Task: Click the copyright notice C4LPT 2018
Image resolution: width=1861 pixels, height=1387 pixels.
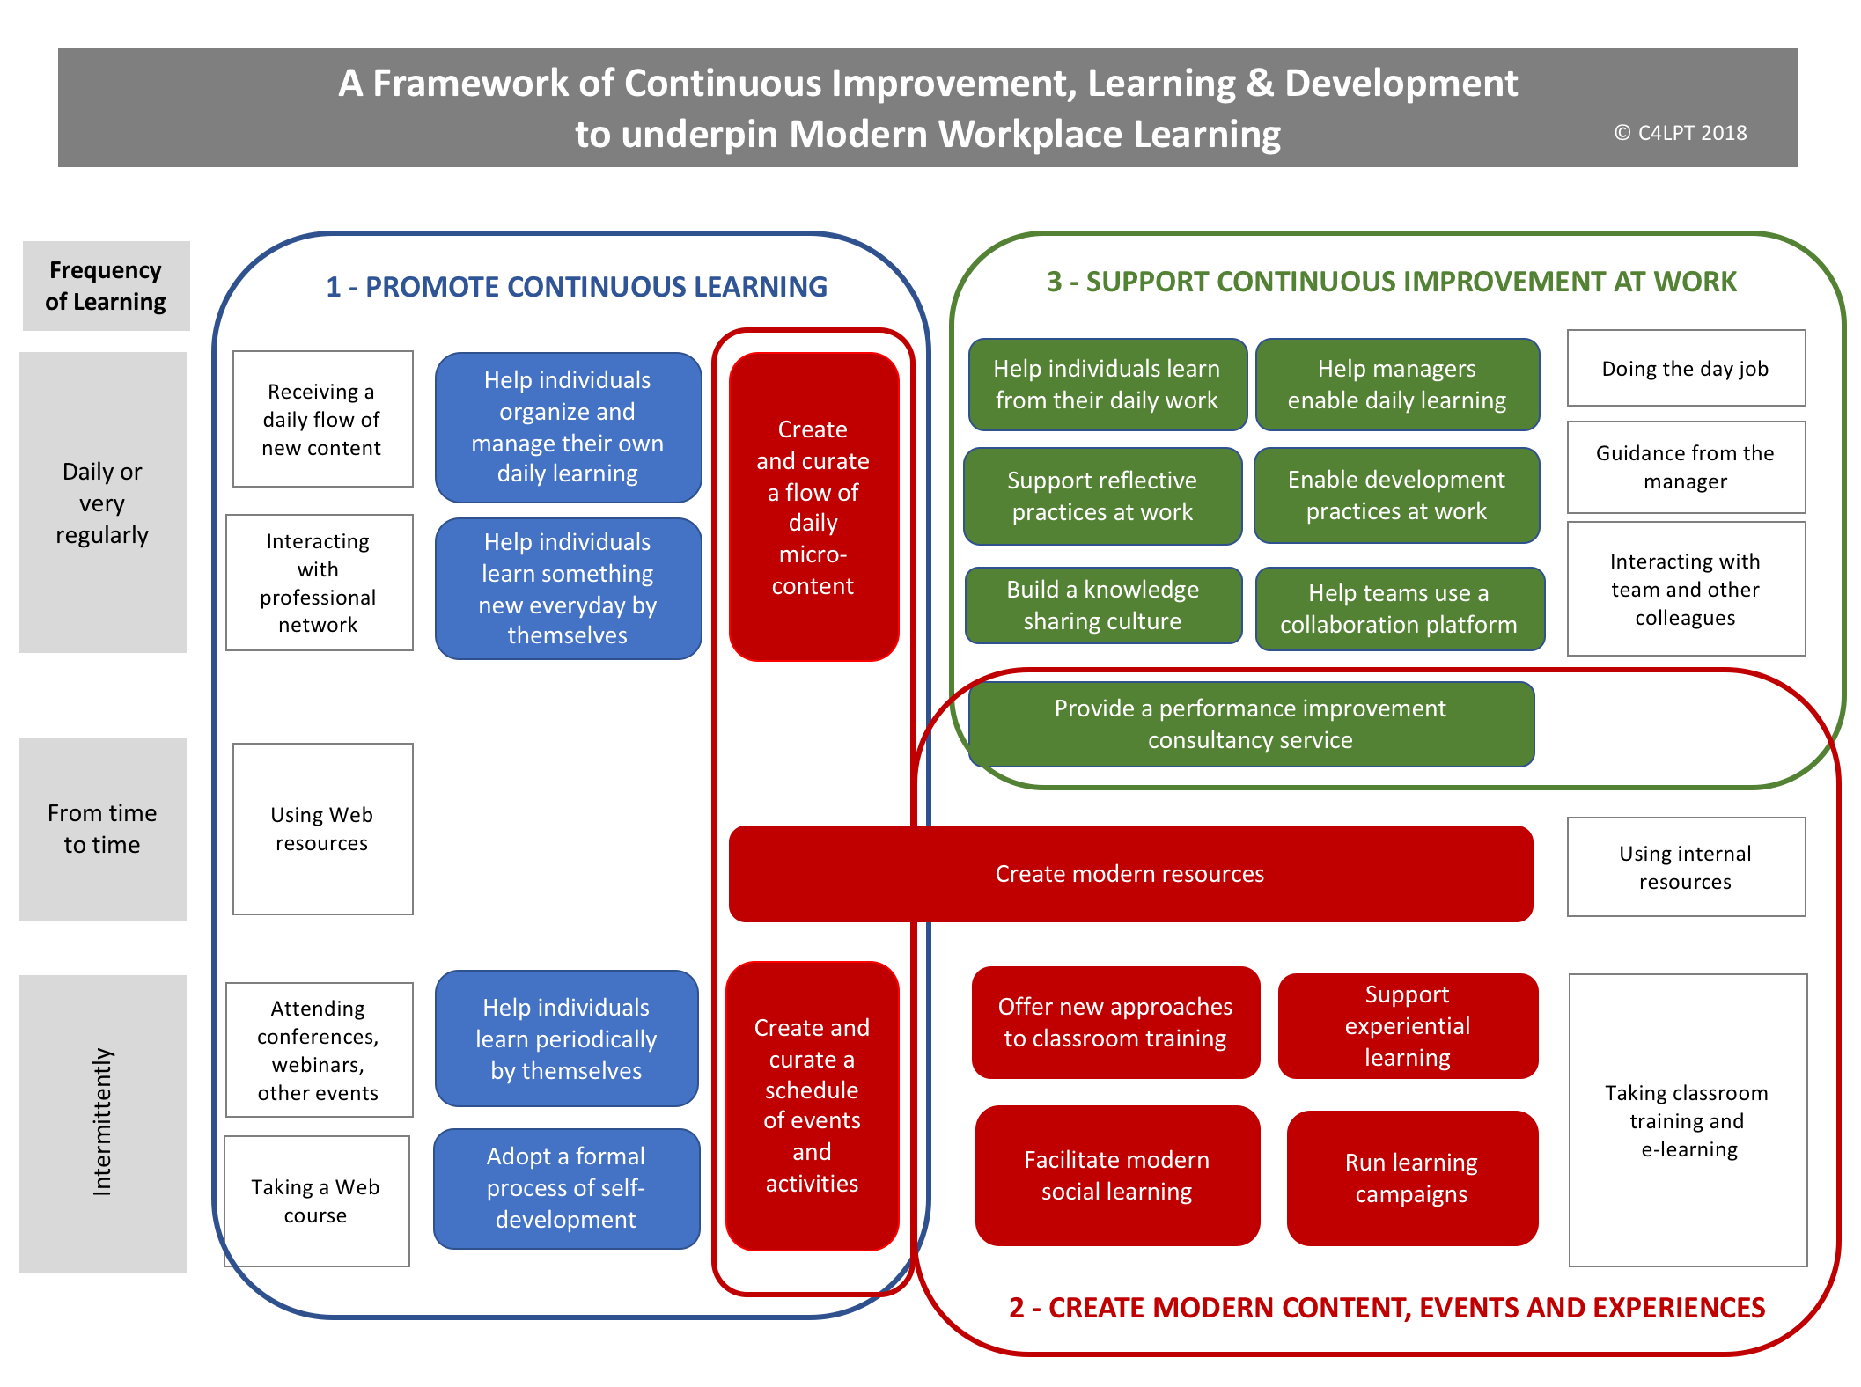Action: point(1681,133)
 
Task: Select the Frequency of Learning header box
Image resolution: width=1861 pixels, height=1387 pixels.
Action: point(106,286)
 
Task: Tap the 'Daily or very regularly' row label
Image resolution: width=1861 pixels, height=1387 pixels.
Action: point(102,503)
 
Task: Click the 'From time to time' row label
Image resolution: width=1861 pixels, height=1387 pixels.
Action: point(102,828)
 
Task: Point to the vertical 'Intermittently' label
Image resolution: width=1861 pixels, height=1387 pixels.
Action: point(102,1122)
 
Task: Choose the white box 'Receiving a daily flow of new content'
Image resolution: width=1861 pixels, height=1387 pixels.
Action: point(322,419)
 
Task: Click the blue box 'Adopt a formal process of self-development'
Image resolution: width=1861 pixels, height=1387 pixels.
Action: point(566,1188)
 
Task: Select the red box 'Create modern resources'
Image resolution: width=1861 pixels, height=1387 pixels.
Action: point(1129,873)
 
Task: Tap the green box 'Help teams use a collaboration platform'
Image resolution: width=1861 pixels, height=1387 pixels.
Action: point(1399,608)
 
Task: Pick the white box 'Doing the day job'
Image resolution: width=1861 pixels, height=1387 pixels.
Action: point(1685,368)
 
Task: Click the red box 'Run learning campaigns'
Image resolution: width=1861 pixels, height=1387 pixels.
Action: point(1411,1178)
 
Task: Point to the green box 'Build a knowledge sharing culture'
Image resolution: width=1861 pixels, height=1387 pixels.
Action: point(1102,605)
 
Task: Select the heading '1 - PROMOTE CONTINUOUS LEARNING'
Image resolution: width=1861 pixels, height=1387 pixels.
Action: point(577,286)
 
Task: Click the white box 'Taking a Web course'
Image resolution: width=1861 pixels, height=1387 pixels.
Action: point(316,1200)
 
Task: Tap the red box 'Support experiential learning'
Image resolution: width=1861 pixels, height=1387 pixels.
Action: point(1407,1025)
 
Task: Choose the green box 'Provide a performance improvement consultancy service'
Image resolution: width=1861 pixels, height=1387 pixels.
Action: point(1250,723)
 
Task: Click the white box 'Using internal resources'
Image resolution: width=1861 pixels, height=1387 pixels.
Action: point(1685,867)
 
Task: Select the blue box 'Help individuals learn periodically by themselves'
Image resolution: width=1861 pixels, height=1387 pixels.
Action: point(566,1038)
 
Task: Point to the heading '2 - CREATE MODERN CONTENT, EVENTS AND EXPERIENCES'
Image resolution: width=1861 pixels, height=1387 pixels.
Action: point(1387,1308)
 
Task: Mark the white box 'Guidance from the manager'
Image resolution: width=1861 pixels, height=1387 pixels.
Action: point(1685,466)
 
